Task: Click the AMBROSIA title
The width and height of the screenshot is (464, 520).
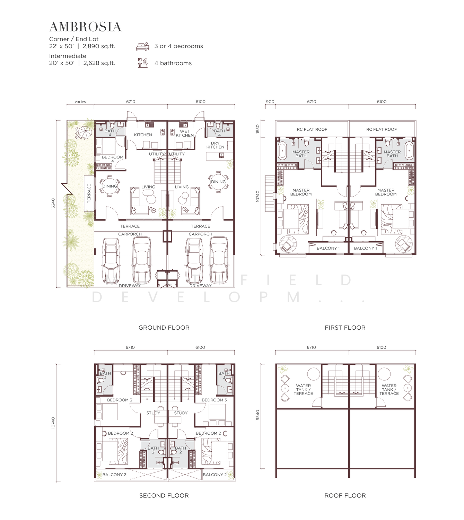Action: click(x=85, y=27)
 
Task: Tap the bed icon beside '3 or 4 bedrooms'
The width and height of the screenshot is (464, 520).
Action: click(x=142, y=47)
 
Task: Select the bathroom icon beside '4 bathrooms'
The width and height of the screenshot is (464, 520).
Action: click(x=143, y=63)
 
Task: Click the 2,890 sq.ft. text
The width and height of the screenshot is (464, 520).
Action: click(x=99, y=46)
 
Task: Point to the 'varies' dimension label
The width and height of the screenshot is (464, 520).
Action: click(x=80, y=102)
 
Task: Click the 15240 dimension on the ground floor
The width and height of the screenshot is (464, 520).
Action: click(x=53, y=204)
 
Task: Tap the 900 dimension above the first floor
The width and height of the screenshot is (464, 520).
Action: click(x=270, y=102)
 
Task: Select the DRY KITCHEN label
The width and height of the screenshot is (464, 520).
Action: click(x=215, y=145)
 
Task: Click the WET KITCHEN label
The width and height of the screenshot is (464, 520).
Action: click(x=185, y=133)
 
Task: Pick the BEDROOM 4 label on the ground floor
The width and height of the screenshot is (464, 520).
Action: click(x=112, y=159)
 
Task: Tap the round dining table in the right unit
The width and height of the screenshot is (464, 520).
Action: click(x=218, y=181)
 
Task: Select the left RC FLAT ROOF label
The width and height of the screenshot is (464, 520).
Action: click(x=312, y=129)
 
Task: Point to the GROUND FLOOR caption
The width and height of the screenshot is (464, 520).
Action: click(x=164, y=328)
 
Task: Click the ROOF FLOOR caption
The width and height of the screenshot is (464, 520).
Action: click(x=345, y=495)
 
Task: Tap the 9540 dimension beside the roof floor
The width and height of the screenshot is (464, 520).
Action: click(x=258, y=415)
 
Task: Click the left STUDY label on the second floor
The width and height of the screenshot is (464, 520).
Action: click(x=153, y=413)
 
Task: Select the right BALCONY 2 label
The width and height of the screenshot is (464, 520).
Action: click(x=215, y=475)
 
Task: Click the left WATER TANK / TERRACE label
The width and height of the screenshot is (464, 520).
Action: click(x=303, y=389)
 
